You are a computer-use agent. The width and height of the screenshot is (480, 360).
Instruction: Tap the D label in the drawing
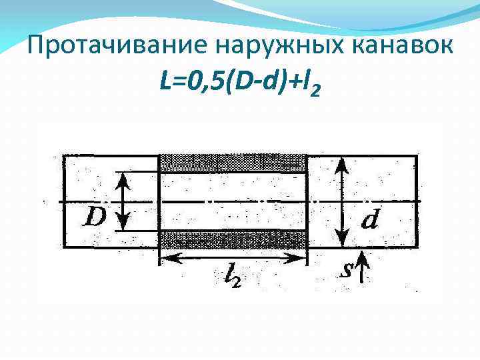(x=95, y=217)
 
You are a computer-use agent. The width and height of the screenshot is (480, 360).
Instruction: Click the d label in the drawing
(x=371, y=219)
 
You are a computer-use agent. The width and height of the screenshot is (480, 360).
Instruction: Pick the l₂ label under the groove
(x=231, y=275)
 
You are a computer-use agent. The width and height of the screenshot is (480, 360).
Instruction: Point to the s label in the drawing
(x=347, y=270)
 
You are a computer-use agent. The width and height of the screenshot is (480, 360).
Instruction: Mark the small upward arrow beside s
(x=360, y=267)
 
